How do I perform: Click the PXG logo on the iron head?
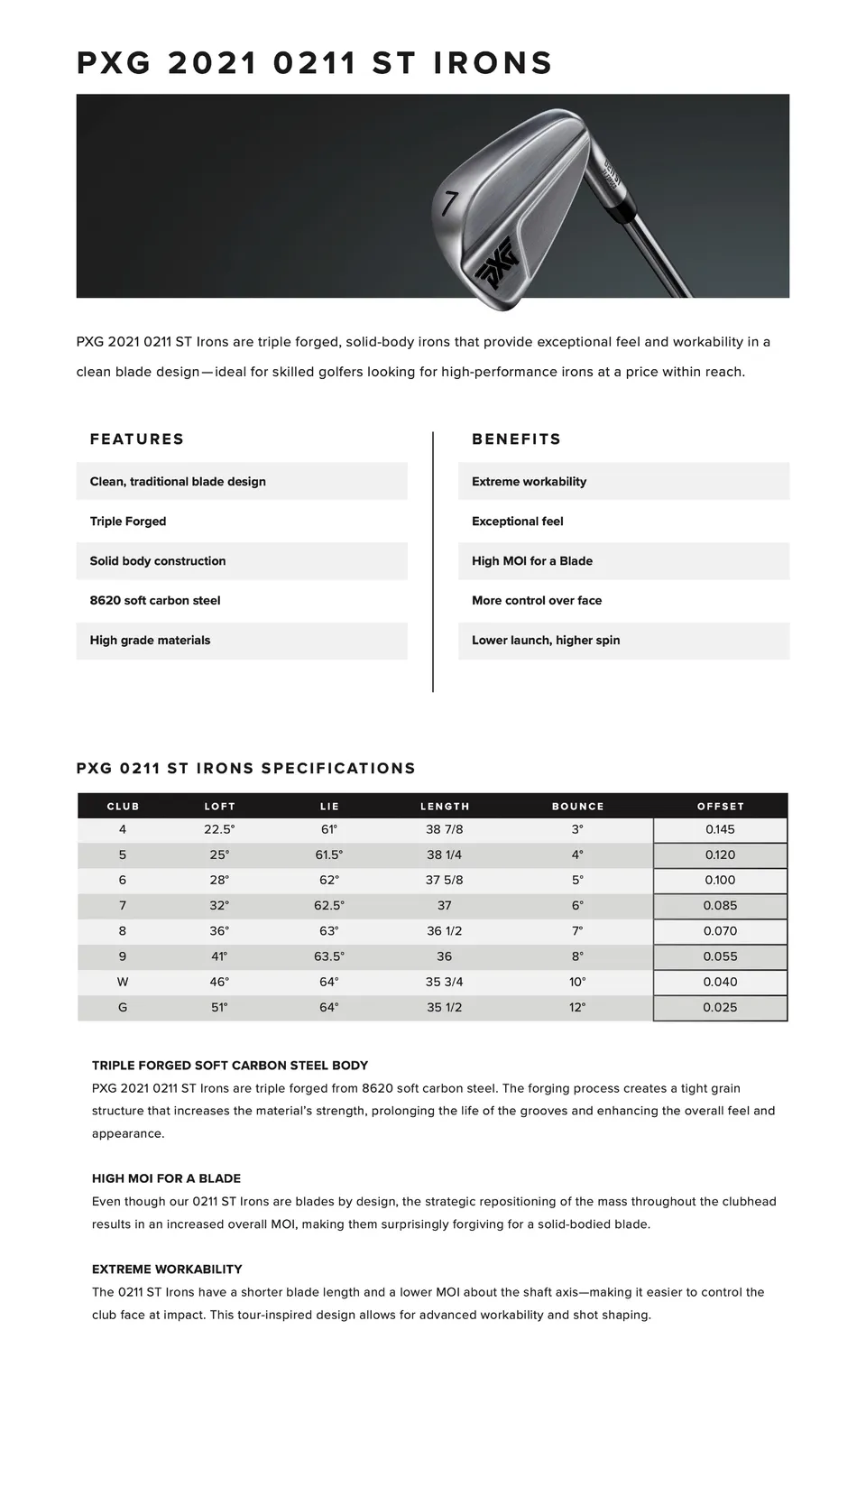(x=498, y=263)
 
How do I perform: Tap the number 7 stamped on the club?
(x=450, y=203)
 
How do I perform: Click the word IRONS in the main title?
(x=493, y=63)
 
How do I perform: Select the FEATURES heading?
(x=136, y=439)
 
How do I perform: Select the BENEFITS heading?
(x=516, y=439)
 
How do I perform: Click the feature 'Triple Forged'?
(x=128, y=522)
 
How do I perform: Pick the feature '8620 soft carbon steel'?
(x=155, y=601)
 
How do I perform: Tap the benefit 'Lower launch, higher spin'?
(x=546, y=641)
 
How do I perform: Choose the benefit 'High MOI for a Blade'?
(x=532, y=561)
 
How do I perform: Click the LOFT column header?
(x=219, y=807)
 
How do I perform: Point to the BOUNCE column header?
(x=578, y=807)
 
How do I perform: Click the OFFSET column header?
(x=721, y=807)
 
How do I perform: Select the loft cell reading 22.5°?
(x=219, y=829)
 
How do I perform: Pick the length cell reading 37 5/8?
(x=445, y=881)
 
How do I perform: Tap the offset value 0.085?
(x=720, y=906)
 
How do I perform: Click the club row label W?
(x=123, y=982)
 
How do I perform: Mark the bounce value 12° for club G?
(x=577, y=1008)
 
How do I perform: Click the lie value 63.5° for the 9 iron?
(x=329, y=956)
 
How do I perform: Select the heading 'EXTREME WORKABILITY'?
(x=167, y=1270)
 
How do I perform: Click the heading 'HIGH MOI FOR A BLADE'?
(x=166, y=1178)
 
